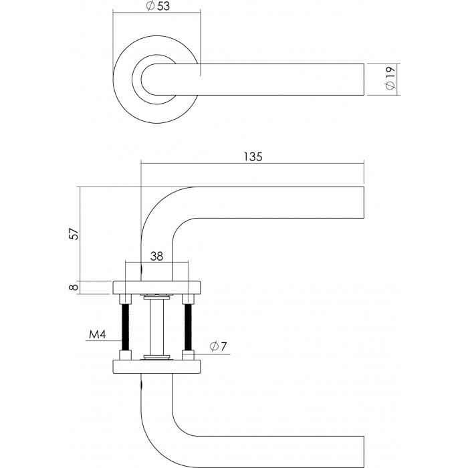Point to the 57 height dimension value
click(74, 234)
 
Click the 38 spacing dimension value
click(157, 255)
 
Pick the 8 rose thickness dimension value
click(74, 287)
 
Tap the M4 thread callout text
click(98, 334)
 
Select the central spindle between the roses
click(157, 324)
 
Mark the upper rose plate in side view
click(157, 287)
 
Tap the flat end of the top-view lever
click(362, 80)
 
